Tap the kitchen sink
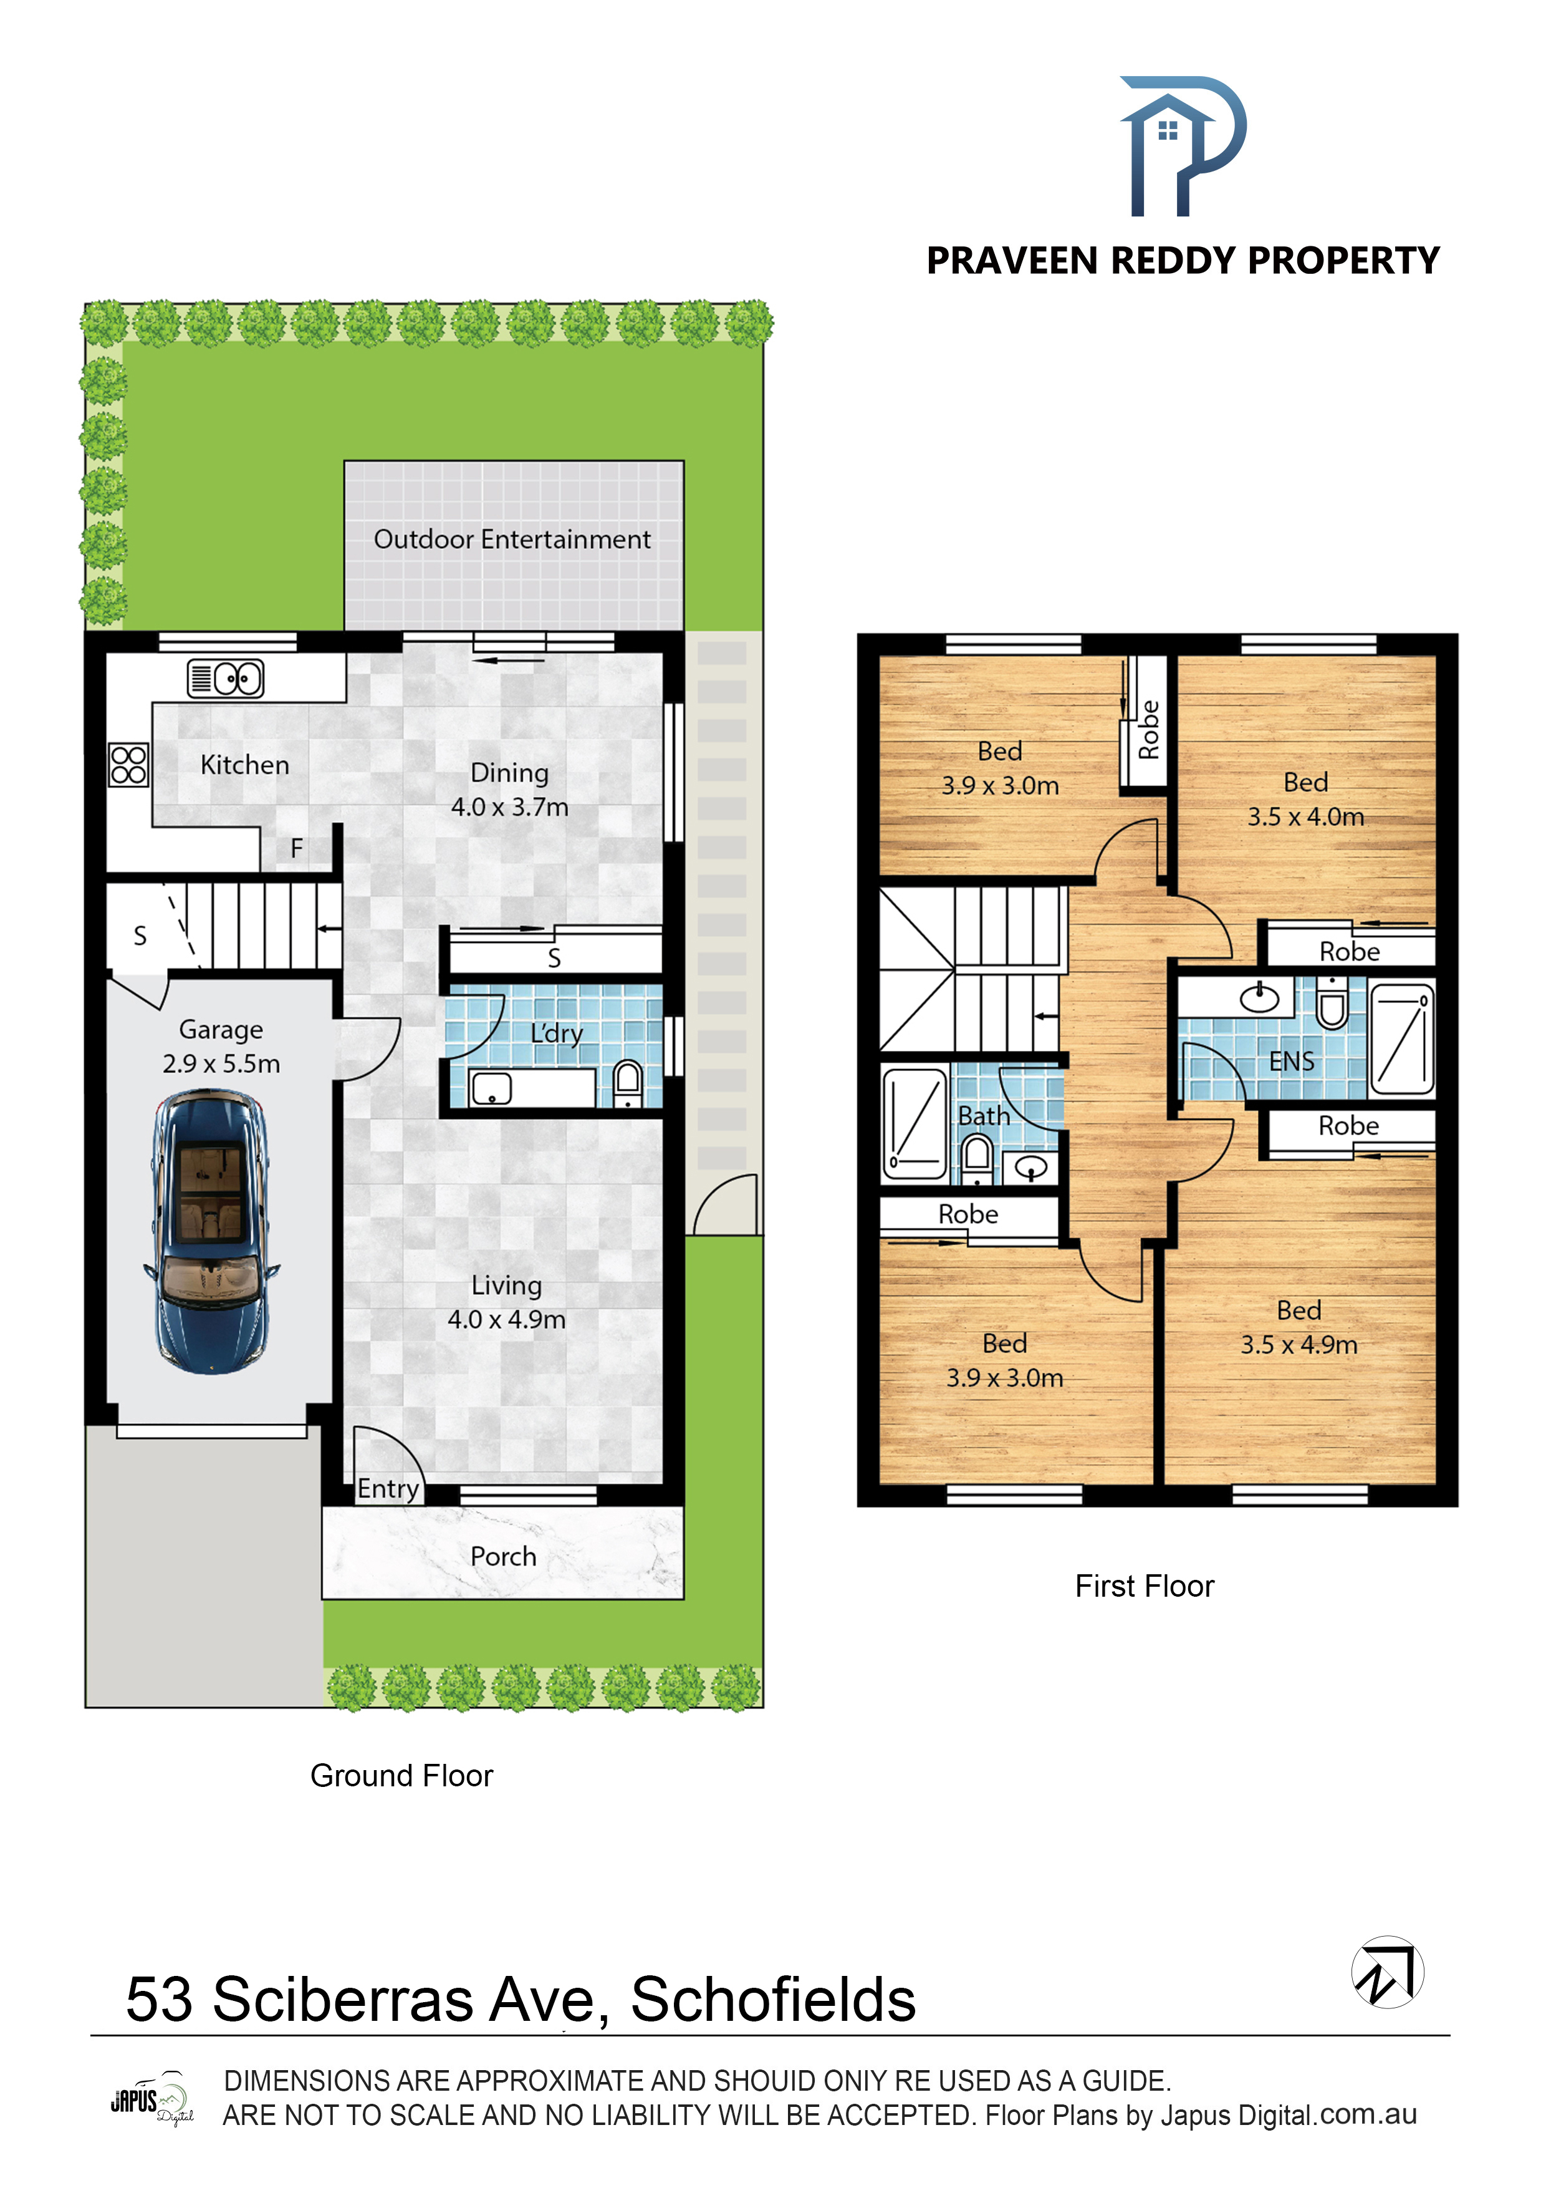[225, 679]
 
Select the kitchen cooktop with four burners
[128, 764]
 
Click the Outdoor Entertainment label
[512, 540]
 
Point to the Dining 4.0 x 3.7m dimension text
[509, 807]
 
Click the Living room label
[507, 1285]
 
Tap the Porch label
[503, 1556]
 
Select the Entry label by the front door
[388, 1489]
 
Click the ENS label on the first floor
[1292, 1062]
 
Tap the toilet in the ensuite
[1332, 1004]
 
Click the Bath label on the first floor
[984, 1116]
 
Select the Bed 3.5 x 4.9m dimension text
[1299, 1345]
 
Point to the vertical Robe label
[1150, 730]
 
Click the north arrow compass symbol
[1388, 1972]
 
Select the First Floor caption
[1145, 1585]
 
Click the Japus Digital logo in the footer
[152, 2098]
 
